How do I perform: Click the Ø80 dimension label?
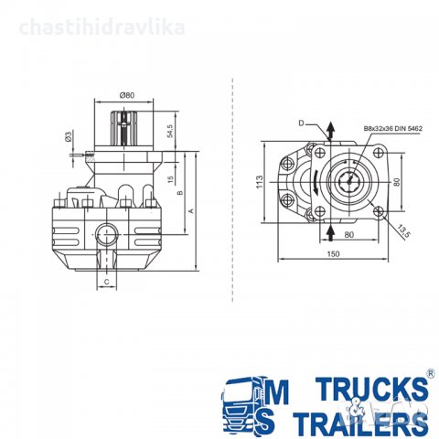pos(127,95)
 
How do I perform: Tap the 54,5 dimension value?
pos(170,131)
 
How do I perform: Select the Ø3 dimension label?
pos(69,136)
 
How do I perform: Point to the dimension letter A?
pos(192,210)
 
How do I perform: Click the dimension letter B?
pos(180,193)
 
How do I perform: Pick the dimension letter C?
pos(107,282)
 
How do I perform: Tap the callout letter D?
pos(301,123)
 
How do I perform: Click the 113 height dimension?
pos(260,182)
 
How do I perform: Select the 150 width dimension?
pos(333,253)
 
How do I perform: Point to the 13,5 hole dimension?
pos(404,231)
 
